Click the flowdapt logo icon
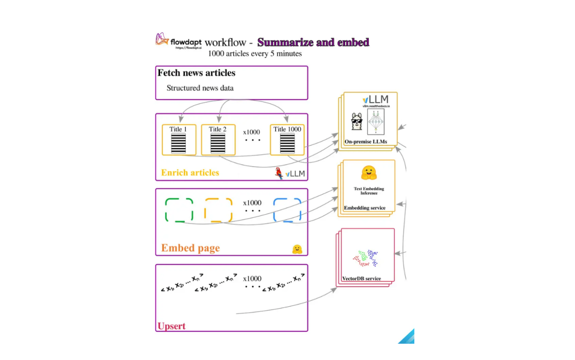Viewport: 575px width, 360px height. [162, 39]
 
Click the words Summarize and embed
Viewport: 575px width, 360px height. [313, 42]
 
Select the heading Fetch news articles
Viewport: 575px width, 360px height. [196, 73]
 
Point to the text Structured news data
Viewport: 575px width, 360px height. [200, 88]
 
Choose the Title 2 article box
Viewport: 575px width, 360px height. [218, 139]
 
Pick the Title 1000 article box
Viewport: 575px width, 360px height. [287, 139]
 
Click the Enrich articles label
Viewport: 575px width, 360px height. [190, 172]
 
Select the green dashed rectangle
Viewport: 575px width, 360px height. [179, 210]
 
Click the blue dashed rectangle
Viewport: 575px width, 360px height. [287, 210]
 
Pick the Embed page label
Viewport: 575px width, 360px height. [190, 248]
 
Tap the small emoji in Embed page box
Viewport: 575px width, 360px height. [297, 249]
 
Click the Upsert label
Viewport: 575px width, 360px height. [171, 326]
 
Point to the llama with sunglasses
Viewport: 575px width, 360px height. [357, 122]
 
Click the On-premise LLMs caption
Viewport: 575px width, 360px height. [366, 142]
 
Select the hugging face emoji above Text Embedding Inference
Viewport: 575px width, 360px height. [369, 172]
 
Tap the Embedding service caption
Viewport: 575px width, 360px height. [365, 208]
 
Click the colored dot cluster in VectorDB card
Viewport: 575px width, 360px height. [366, 258]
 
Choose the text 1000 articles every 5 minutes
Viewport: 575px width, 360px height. [255, 53]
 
